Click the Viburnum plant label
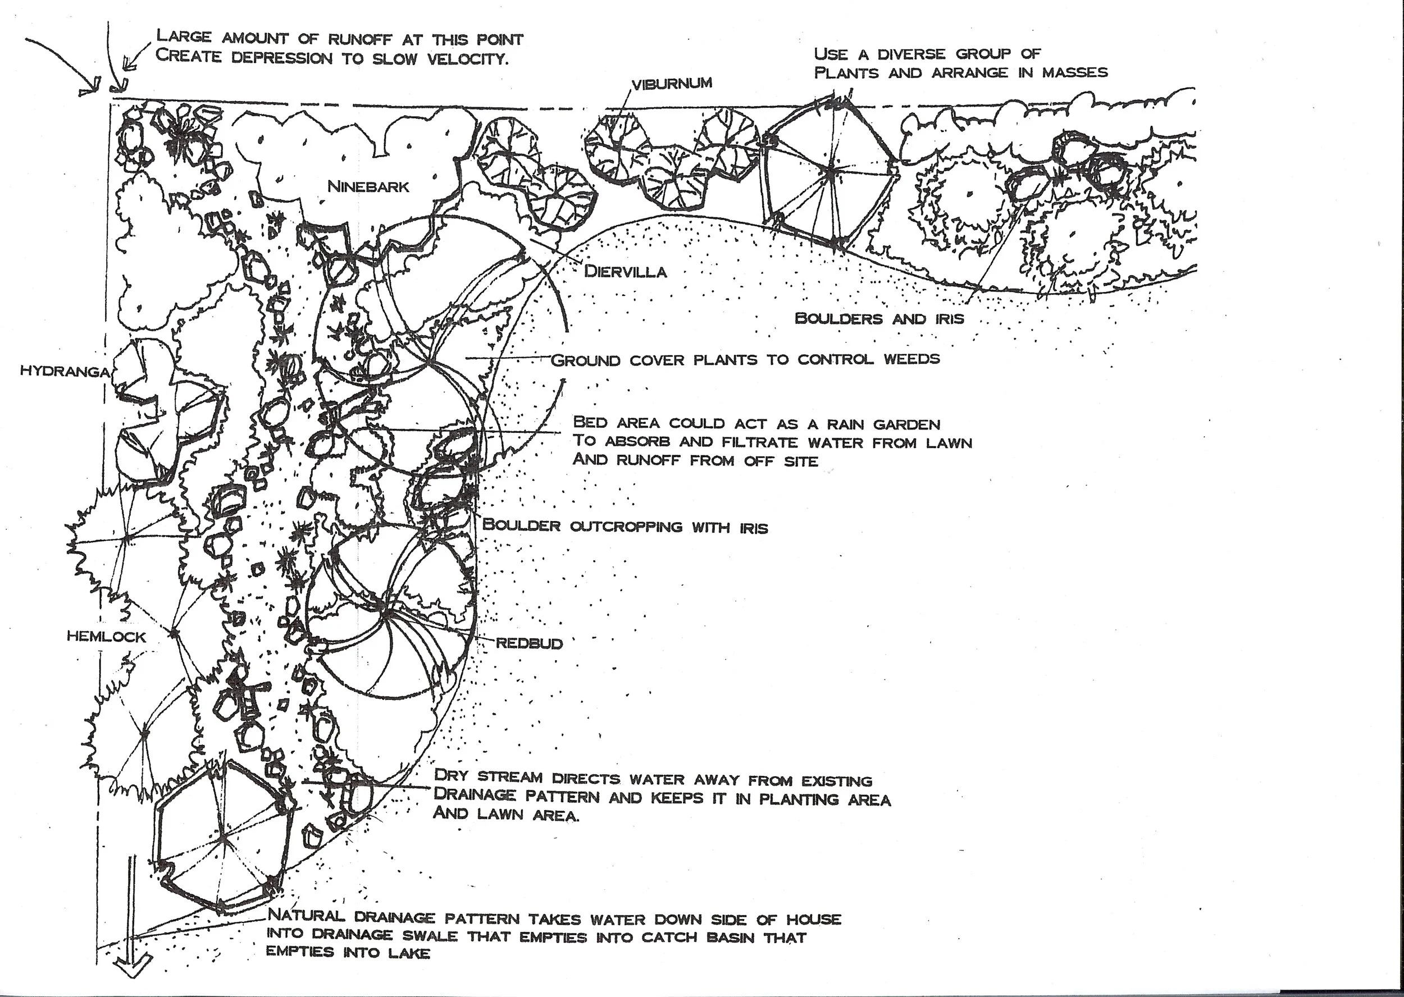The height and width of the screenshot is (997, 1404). (672, 84)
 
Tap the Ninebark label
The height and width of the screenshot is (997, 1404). (368, 186)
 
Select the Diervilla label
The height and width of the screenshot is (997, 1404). (625, 271)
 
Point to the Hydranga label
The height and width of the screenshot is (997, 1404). (65, 372)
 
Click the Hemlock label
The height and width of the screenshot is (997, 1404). (107, 637)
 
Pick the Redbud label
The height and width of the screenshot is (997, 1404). (530, 643)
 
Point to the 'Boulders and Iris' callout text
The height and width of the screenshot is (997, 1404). (879, 318)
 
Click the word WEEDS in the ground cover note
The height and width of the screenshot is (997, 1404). (911, 359)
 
